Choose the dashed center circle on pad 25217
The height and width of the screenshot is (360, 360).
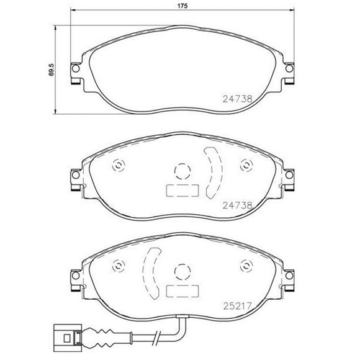[x=182, y=271]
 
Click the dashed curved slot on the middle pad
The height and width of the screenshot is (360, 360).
[x=214, y=174]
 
